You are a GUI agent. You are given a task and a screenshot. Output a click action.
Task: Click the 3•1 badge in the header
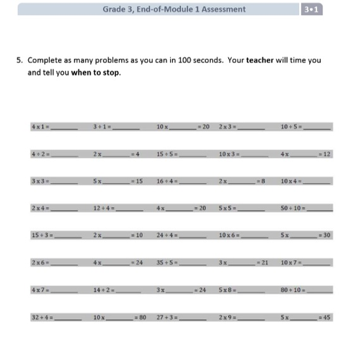[x=313, y=9]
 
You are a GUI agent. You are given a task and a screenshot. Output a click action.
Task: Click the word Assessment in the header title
[x=221, y=9]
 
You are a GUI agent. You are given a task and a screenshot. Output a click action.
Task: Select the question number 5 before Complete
[x=20, y=60]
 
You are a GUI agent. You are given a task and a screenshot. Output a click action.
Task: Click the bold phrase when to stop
[x=96, y=72]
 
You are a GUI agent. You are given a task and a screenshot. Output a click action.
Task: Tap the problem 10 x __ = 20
[x=182, y=127]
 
